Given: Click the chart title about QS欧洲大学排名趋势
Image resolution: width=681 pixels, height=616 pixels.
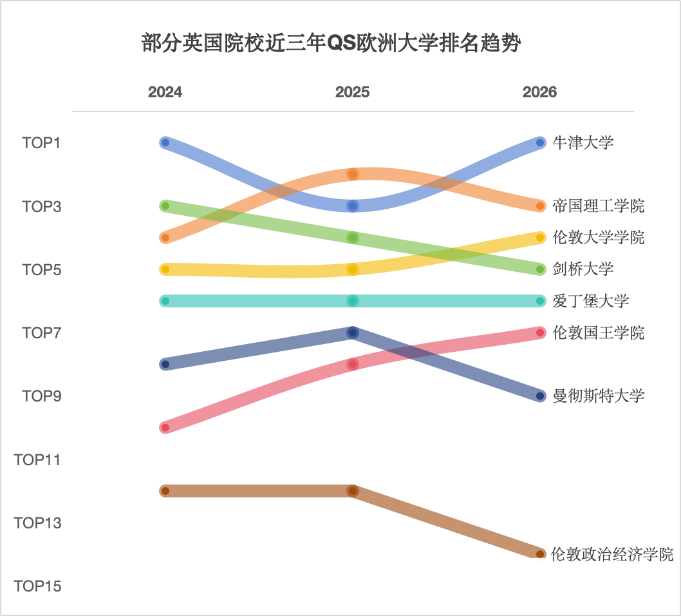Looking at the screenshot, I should [x=330, y=44].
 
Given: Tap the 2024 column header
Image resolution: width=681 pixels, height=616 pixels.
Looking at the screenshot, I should [x=165, y=92].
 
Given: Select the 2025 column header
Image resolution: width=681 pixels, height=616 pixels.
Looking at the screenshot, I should [x=352, y=92].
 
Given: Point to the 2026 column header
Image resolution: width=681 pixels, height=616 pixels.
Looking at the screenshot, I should [x=539, y=92].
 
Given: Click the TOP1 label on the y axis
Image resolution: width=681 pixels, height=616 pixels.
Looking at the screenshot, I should [x=41, y=143].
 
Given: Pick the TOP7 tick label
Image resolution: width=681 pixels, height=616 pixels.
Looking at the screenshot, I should [x=41, y=333].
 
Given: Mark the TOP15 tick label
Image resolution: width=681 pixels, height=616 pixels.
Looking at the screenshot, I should [x=38, y=586].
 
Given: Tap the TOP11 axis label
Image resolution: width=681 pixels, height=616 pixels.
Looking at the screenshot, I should [x=38, y=460].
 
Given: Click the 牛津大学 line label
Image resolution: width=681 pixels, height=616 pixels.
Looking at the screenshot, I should [x=583, y=142].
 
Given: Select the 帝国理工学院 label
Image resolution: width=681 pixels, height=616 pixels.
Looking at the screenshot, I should [x=598, y=206].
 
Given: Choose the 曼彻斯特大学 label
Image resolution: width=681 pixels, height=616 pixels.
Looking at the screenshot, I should [x=598, y=396].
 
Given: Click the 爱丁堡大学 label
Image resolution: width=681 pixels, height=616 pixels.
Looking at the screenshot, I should [x=590, y=301].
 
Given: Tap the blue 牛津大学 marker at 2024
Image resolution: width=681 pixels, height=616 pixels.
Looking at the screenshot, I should [x=165, y=142].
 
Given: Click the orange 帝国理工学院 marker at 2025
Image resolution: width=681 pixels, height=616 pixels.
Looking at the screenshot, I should [x=352, y=174].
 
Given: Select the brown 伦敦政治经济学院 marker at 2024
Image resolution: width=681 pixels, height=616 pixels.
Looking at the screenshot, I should [x=165, y=491].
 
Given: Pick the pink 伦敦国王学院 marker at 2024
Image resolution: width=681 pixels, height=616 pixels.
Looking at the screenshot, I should [x=165, y=427].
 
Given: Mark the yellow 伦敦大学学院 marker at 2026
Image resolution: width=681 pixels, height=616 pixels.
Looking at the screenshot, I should [x=540, y=238].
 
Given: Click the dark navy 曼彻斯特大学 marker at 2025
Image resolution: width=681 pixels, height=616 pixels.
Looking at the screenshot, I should [x=352, y=332].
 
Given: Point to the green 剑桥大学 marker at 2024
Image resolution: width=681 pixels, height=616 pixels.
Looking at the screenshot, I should [x=165, y=206].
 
